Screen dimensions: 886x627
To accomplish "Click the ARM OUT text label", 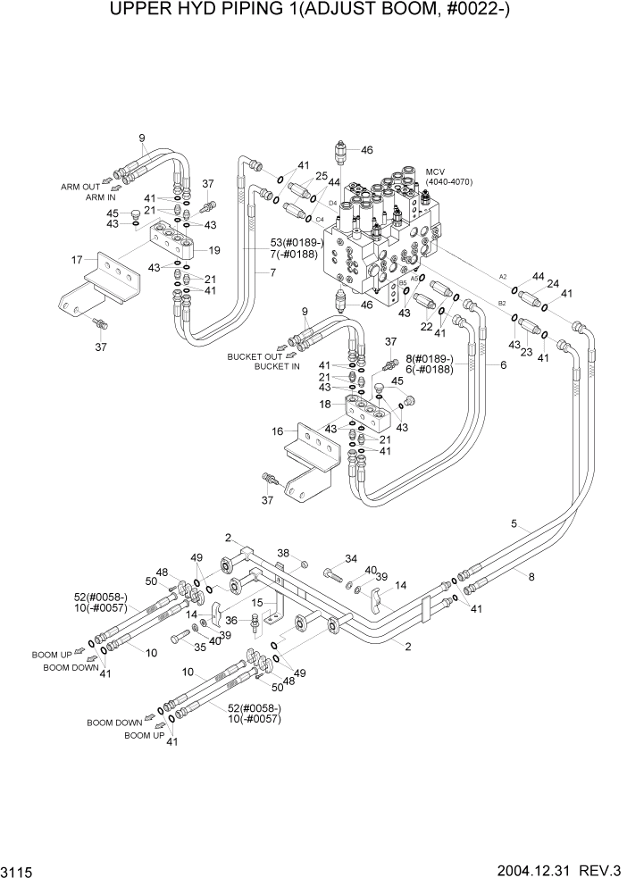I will (x=79, y=187).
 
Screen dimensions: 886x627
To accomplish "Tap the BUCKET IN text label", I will (x=277, y=366).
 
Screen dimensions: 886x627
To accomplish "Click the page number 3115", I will (x=20, y=870).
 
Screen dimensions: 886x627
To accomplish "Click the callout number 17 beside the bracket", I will (x=78, y=261).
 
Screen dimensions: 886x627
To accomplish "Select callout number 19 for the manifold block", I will (x=214, y=250).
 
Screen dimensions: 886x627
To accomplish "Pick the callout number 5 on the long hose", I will (x=514, y=524).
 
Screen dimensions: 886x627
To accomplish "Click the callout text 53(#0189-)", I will (x=299, y=243).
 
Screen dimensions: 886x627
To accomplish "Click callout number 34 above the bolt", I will (x=351, y=559).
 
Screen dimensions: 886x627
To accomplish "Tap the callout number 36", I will (x=230, y=619).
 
